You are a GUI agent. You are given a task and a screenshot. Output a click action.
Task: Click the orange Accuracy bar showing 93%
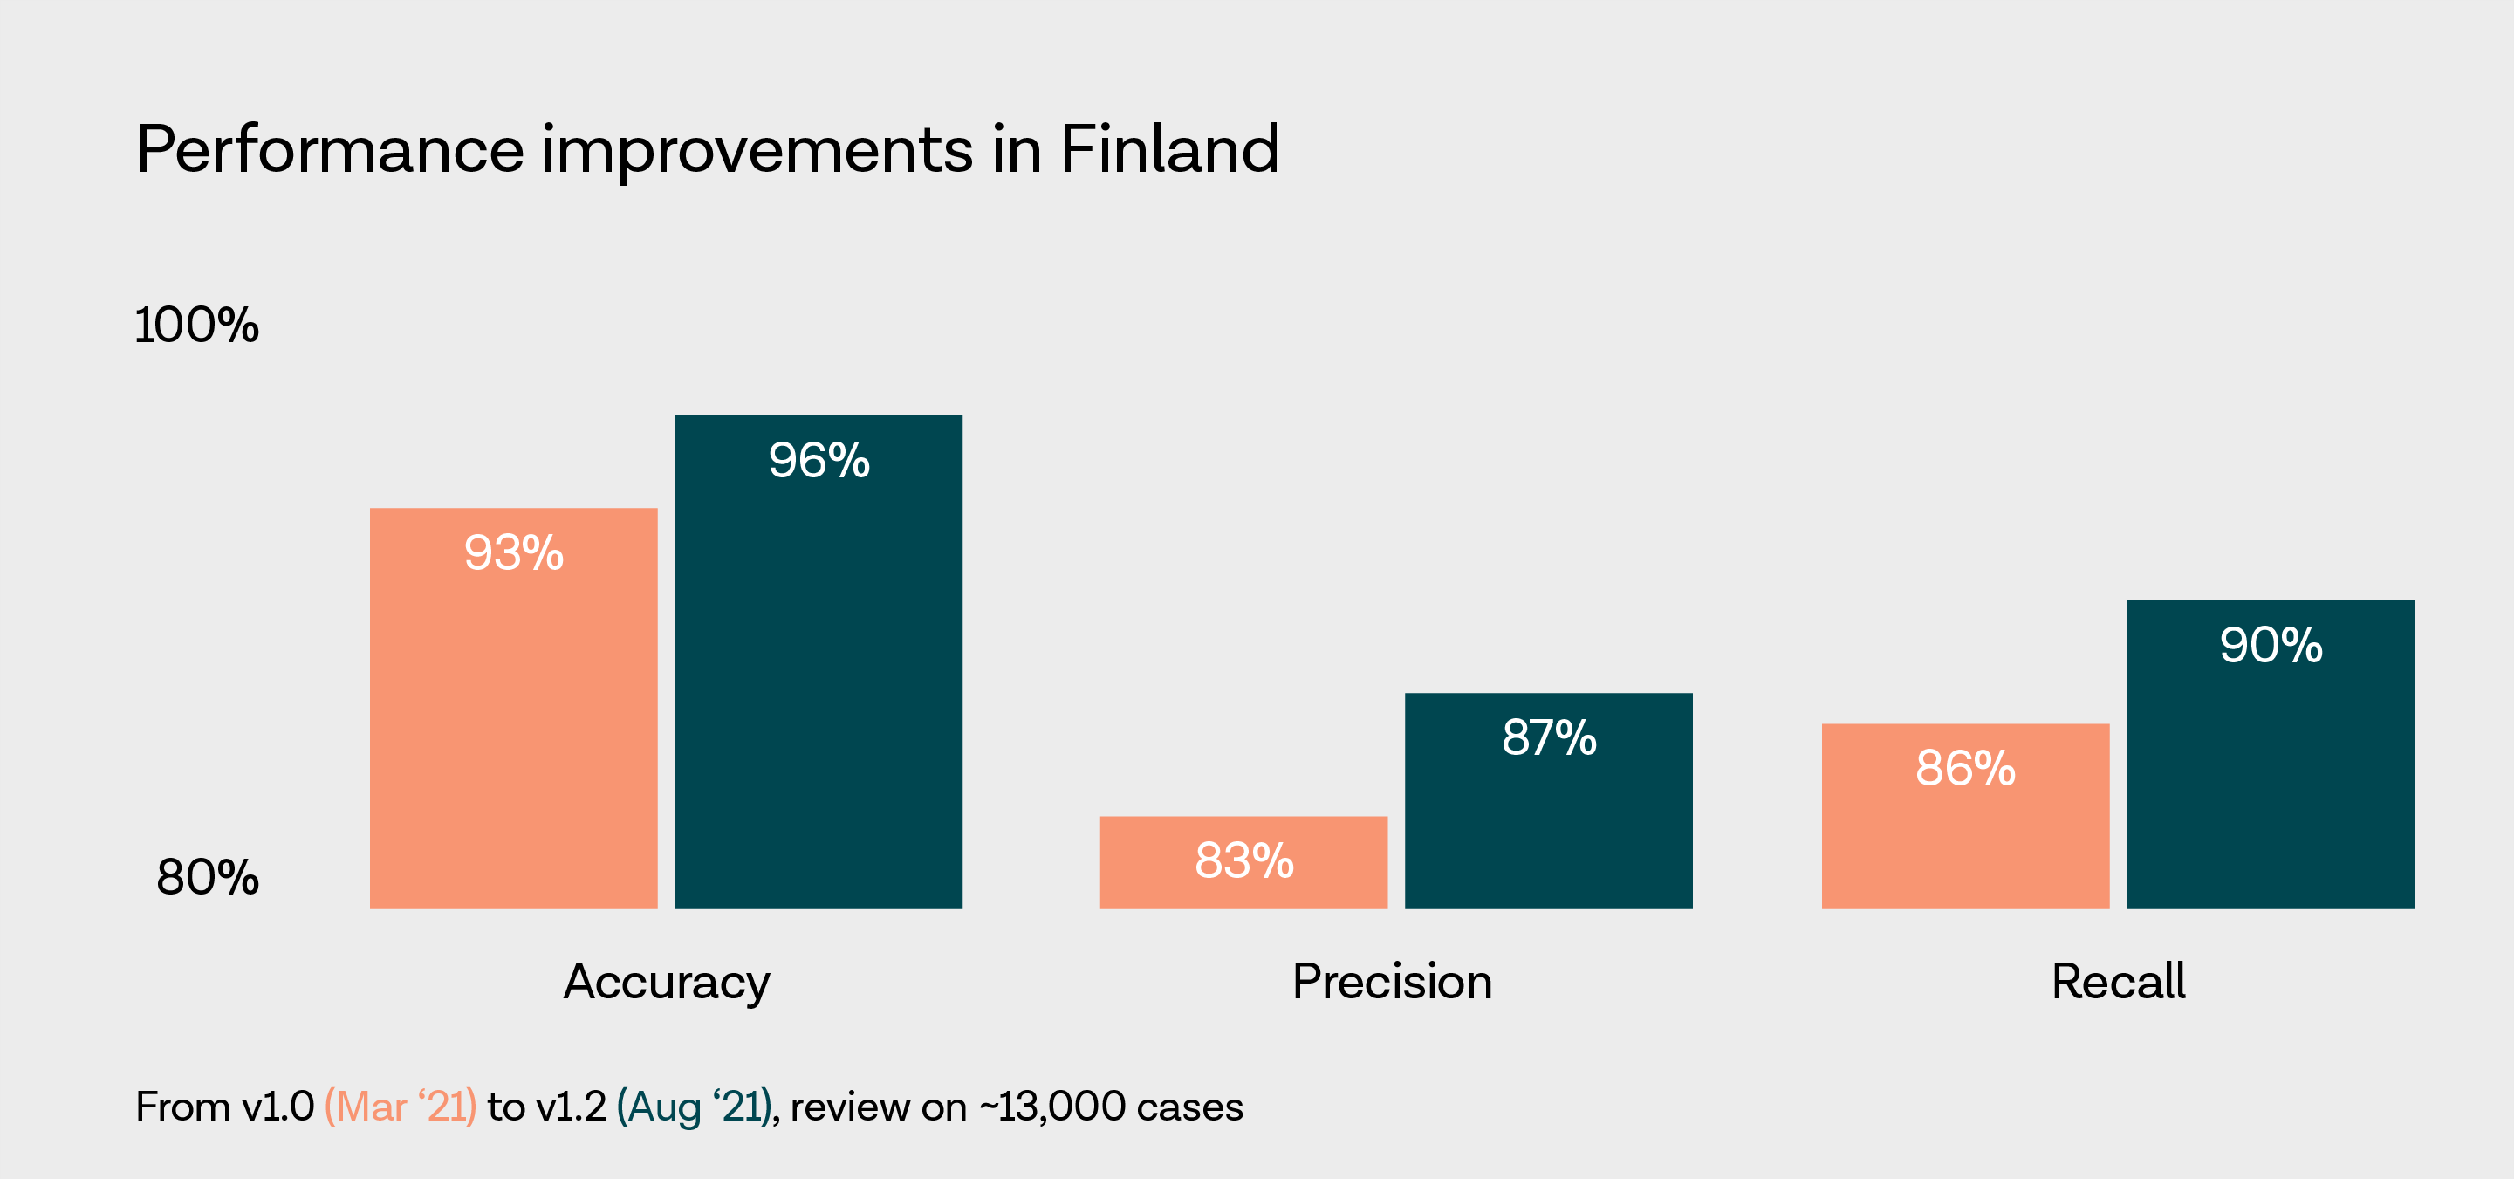[513, 708]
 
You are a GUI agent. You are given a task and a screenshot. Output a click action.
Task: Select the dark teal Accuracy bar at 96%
[818, 661]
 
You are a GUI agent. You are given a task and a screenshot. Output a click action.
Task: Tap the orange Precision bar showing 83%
[1243, 862]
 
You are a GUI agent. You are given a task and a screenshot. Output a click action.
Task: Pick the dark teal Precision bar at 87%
[1548, 800]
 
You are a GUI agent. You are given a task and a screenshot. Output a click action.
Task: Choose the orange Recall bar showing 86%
[1964, 816]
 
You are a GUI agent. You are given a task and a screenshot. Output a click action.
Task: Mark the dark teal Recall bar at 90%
[2270, 755]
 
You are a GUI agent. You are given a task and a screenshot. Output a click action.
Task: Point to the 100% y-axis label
[197, 325]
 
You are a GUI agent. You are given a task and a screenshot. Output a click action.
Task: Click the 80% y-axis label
[208, 876]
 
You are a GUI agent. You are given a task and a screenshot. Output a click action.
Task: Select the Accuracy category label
[667, 982]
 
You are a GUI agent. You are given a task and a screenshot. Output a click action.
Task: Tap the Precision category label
[1392, 982]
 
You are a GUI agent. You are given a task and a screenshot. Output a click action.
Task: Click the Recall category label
[2118, 982]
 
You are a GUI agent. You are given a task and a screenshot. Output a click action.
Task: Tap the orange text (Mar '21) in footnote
[401, 1107]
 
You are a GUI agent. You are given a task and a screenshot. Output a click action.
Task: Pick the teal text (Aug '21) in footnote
[694, 1107]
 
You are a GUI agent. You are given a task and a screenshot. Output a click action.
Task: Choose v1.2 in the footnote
[571, 1107]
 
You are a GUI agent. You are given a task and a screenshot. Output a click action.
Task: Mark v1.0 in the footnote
[277, 1107]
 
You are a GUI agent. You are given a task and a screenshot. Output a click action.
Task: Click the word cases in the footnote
[1189, 1107]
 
